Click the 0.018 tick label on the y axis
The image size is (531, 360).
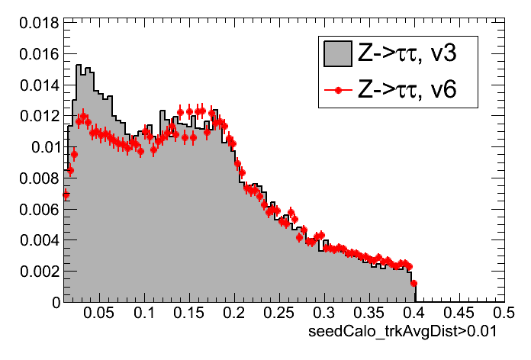[36, 23]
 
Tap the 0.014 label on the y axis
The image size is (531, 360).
[36, 85]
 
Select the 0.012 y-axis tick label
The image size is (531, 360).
[36, 116]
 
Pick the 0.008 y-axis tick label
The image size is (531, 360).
[36, 178]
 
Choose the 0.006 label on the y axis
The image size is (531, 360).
[36, 209]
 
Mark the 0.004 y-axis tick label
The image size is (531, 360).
[36, 239]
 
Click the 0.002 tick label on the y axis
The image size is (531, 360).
[36, 271]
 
